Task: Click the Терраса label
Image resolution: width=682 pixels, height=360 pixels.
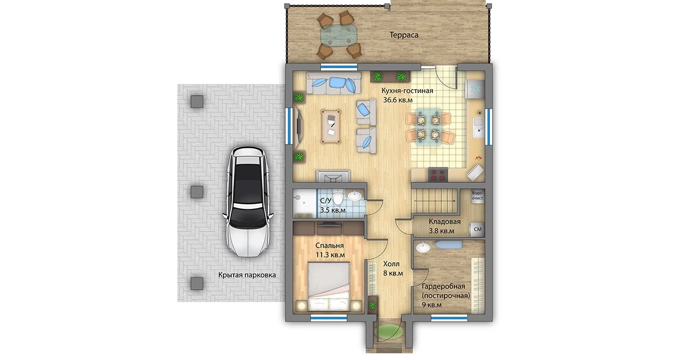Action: pyautogui.click(x=404, y=35)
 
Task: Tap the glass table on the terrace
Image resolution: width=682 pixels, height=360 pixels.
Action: pyautogui.click(x=339, y=35)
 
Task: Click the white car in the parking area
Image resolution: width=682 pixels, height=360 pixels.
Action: pyautogui.click(x=248, y=201)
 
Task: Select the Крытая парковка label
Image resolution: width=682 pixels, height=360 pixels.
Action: pyautogui.click(x=247, y=275)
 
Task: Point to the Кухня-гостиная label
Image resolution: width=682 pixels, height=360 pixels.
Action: pyautogui.click(x=407, y=91)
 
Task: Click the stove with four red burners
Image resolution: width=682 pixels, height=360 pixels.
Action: pyautogui.click(x=438, y=175)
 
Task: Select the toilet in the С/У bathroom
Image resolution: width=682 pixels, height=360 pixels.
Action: pyautogui.click(x=337, y=197)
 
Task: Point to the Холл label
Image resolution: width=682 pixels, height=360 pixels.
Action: pyautogui.click(x=391, y=264)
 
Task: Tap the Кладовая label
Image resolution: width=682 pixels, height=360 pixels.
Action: pyautogui.click(x=445, y=222)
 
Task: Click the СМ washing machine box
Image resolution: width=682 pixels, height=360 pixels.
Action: pyautogui.click(x=478, y=229)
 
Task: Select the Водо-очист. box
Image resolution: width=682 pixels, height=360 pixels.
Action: pyautogui.click(x=478, y=196)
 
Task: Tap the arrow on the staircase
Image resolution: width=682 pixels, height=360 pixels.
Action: pyautogui.click(x=435, y=200)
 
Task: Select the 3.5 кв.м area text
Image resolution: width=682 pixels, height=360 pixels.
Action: pyautogui.click(x=333, y=210)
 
